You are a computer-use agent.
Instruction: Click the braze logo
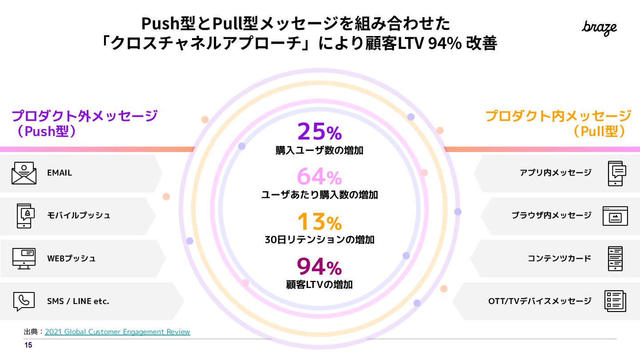click(599, 28)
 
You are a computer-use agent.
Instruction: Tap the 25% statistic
click(319, 132)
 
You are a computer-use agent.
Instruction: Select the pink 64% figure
click(319, 176)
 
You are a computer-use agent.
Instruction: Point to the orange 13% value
click(319, 221)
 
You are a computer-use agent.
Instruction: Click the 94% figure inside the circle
click(319, 267)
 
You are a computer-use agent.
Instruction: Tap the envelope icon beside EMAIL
click(24, 173)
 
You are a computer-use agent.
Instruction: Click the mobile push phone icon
click(24, 216)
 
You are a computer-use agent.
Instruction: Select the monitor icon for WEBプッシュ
click(24, 258)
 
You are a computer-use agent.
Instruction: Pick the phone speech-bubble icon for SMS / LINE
click(24, 301)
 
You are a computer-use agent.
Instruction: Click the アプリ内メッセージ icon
click(616, 173)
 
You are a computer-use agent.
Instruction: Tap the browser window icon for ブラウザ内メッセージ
click(615, 216)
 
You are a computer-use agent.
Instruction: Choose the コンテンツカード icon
click(615, 259)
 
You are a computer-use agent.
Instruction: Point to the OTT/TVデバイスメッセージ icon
click(615, 301)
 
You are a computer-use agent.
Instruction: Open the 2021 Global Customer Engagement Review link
click(117, 332)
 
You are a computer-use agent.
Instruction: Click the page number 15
click(28, 345)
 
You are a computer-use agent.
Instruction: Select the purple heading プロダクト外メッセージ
click(84, 116)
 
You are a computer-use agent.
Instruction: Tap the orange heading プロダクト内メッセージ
click(558, 116)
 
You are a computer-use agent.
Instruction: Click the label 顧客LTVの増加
click(319, 284)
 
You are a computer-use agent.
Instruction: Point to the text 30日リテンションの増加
click(319, 240)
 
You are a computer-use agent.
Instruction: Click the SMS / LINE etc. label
click(78, 301)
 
